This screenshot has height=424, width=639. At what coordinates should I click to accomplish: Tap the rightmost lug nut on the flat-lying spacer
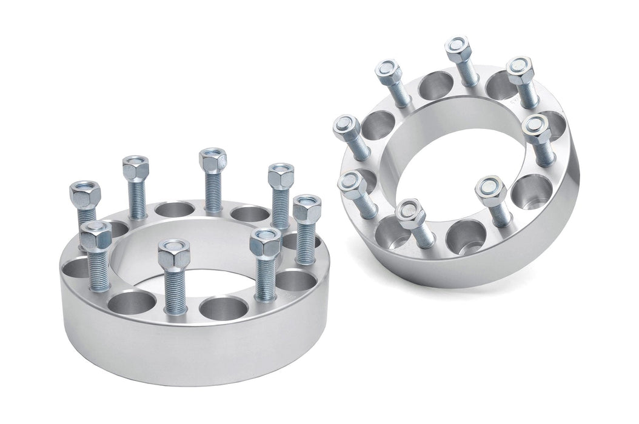[x=306, y=208]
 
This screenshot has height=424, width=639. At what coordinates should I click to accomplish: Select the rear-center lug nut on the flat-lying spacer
[x=212, y=161]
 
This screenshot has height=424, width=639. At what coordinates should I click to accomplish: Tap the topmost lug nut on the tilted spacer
[x=458, y=47]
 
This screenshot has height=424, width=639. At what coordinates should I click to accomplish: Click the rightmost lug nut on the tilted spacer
[x=536, y=128]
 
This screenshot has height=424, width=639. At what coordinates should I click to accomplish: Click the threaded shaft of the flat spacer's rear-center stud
[x=213, y=193]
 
